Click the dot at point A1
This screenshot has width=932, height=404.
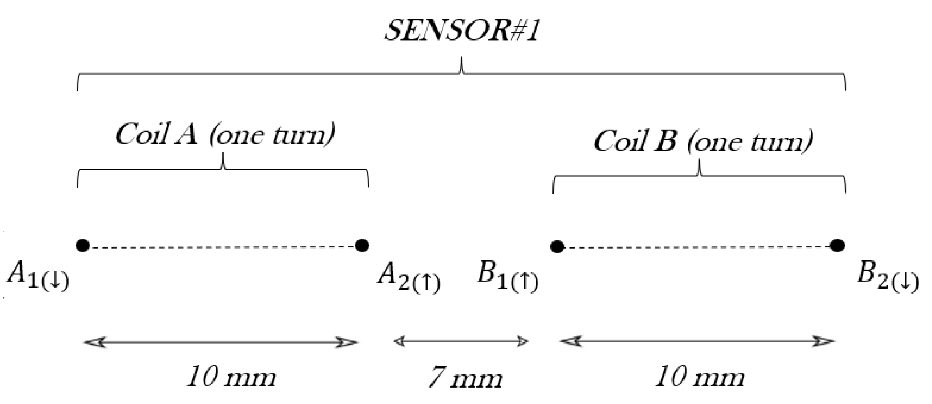click(x=82, y=245)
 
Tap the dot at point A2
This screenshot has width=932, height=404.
click(x=362, y=245)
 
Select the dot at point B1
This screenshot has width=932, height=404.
click(x=557, y=247)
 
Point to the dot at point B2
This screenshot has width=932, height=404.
click(x=837, y=245)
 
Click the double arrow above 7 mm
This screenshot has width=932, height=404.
click(x=461, y=341)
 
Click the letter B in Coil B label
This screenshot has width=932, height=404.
click(x=665, y=142)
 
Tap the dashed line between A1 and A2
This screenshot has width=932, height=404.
click(x=222, y=247)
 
